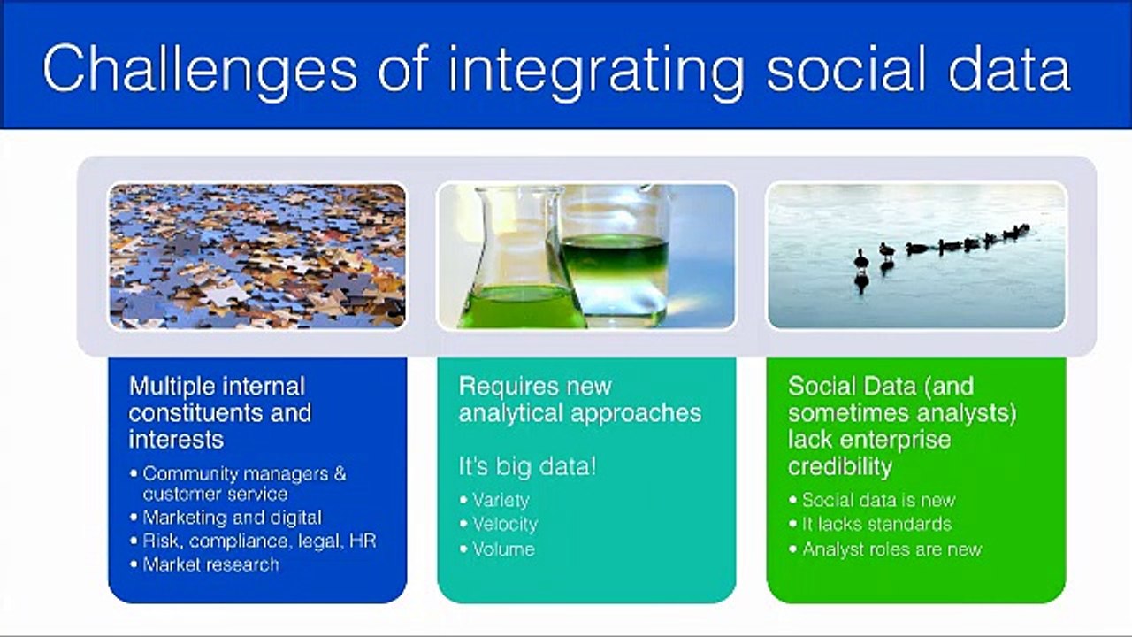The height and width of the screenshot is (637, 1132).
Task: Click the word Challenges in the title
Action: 200,69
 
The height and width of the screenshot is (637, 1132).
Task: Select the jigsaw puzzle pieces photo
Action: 257,256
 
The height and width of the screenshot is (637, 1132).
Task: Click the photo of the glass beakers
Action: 586,256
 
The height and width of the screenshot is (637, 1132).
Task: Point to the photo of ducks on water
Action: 916,256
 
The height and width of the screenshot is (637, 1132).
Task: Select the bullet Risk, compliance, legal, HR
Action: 253,541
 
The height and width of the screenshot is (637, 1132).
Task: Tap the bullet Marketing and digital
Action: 226,518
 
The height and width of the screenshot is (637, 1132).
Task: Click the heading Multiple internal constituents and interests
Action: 220,412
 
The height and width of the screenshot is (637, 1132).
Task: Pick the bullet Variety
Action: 494,501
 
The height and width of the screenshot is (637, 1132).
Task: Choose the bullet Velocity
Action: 499,525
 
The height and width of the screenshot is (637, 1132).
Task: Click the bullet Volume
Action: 497,549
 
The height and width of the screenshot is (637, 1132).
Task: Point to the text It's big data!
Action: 527,466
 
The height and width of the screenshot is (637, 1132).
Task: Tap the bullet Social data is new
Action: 872,500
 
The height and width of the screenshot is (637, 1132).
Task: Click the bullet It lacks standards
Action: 870,524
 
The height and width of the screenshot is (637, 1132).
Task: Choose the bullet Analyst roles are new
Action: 885,549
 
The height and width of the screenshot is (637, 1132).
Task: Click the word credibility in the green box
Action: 840,466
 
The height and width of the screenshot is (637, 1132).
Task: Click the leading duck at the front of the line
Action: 861,261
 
